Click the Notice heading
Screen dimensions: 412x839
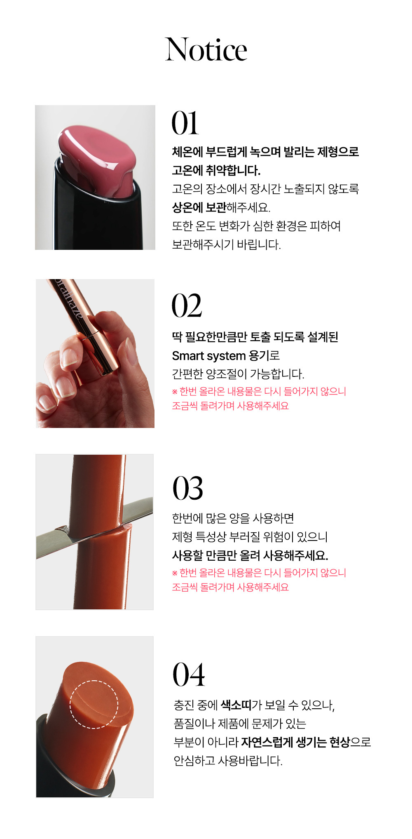206,49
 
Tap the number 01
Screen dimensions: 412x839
185,123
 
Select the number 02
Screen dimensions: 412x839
187,306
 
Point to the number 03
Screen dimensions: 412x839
187,488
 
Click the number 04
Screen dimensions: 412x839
189,674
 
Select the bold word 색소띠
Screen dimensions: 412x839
236,705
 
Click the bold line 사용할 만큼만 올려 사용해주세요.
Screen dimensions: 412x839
250,555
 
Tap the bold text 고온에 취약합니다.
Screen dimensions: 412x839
216,170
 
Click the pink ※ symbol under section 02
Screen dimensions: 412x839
175,391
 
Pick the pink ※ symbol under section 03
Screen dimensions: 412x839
175,573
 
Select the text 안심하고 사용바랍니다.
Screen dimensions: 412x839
228,761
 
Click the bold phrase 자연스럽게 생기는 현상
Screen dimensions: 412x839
295,742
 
